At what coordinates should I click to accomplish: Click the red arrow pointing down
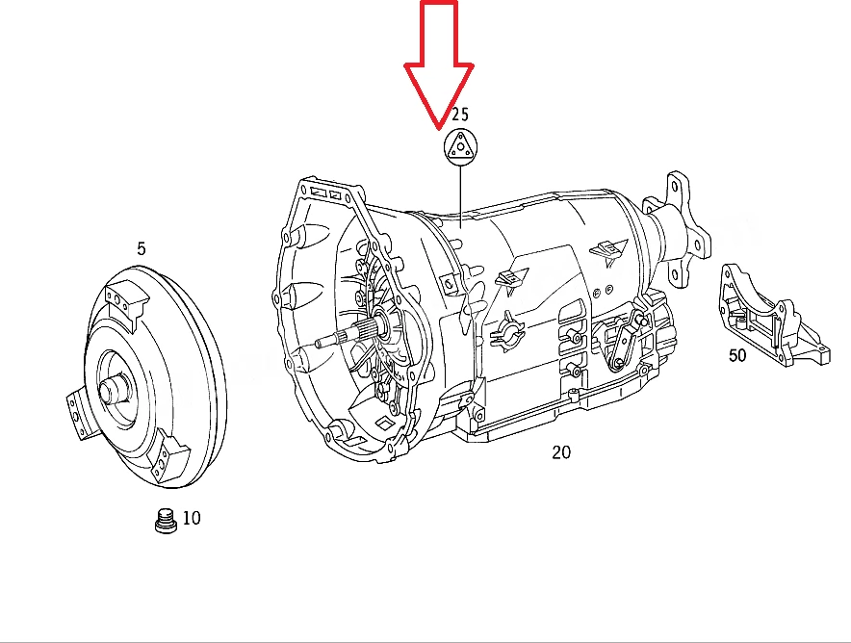pos(439,65)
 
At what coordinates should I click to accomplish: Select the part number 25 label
pos(460,115)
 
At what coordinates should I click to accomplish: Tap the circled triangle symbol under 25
pos(460,146)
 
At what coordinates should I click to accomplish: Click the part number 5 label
pos(142,248)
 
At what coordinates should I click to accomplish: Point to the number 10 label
pos(192,518)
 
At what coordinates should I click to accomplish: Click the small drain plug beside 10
pos(167,521)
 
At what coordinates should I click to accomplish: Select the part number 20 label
pos(561,452)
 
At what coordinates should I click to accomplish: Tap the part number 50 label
pos(737,355)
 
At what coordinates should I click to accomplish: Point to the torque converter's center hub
pos(113,389)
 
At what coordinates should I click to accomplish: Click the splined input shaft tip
pos(321,342)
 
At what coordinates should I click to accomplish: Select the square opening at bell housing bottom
pos(385,423)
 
